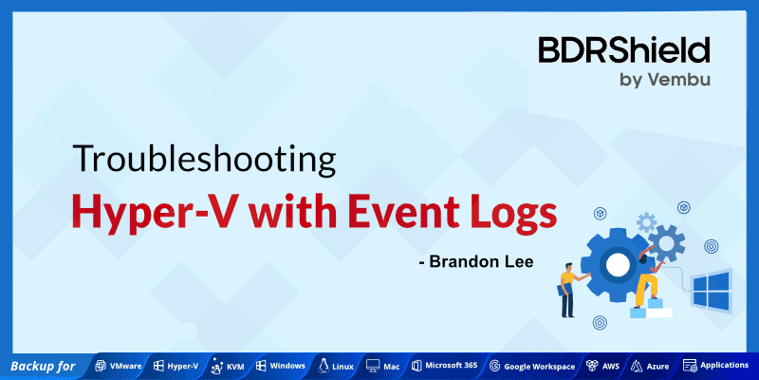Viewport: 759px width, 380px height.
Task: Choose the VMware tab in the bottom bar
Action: [x=118, y=366]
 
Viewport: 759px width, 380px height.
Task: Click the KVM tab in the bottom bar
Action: [x=228, y=366]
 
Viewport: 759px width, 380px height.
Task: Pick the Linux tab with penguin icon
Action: [x=337, y=366]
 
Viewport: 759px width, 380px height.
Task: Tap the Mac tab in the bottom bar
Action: [x=383, y=366]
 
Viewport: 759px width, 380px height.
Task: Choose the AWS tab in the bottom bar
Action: [x=603, y=366]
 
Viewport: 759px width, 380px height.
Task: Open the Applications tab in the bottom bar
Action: [x=715, y=366]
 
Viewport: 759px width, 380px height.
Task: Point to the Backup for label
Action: [x=44, y=366]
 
